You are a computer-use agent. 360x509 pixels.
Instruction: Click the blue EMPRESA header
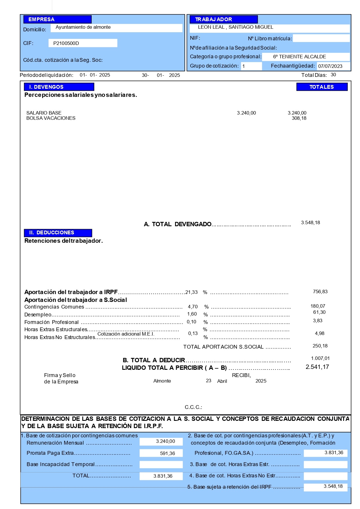point(57,19)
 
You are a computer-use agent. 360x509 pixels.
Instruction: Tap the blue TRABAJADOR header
point(223,19)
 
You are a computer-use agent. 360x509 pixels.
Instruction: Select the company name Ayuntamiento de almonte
point(83,27)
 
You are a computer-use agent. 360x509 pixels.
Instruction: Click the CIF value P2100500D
point(66,43)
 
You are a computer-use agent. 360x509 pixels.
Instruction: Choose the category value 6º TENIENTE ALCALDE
point(299,57)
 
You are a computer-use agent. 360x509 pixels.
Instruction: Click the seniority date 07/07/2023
point(330,66)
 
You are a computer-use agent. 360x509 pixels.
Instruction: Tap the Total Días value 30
point(333,75)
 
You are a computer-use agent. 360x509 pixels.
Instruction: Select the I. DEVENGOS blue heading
point(59,87)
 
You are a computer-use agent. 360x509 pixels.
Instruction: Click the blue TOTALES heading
point(322,87)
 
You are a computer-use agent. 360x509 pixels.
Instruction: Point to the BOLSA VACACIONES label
point(51,118)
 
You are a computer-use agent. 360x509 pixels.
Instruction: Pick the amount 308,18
point(299,118)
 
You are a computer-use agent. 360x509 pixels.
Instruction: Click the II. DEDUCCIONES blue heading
point(58,233)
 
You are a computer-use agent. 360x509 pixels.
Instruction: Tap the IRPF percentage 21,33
point(191,292)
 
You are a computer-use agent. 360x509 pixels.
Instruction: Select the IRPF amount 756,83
point(320,292)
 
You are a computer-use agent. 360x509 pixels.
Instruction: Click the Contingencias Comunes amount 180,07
point(318,306)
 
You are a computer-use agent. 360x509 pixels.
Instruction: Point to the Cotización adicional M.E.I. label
point(126,334)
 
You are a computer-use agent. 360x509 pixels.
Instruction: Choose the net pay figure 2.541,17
point(317,367)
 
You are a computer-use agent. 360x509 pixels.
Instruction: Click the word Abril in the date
point(222,381)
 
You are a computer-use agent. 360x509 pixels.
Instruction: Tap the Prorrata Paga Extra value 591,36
point(167,453)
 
